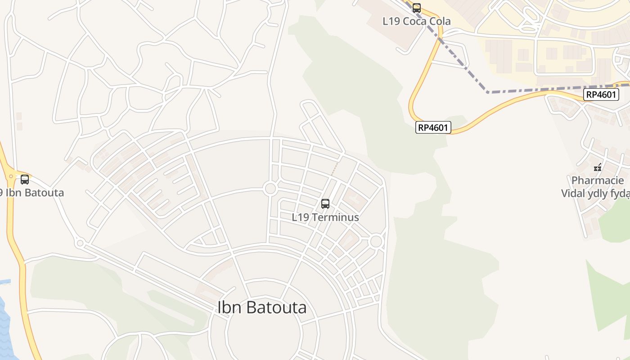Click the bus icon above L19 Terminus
(x=325, y=204)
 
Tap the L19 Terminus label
(x=325, y=217)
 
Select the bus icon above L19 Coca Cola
(x=417, y=8)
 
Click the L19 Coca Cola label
(x=417, y=21)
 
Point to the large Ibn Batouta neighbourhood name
(x=262, y=307)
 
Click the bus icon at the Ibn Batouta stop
(x=25, y=180)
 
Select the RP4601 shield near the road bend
(x=433, y=127)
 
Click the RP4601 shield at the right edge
(x=602, y=94)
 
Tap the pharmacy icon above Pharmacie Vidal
(x=598, y=167)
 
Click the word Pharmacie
(x=598, y=181)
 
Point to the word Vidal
(x=573, y=193)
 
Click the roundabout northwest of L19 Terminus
(x=270, y=189)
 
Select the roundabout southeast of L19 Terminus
(x=376, y=242)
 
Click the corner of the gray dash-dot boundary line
(x=488, y=92)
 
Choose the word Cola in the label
(x=440, y=21)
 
